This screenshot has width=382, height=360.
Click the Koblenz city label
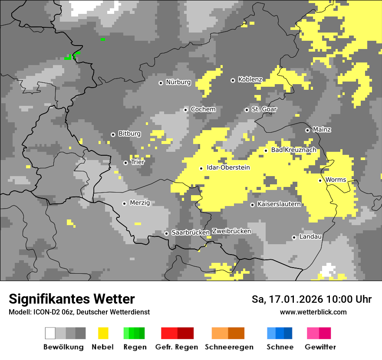tap(250, 79)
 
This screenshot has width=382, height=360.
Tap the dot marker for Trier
tap(125, 163)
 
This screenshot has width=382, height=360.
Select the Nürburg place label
tap(178, 82)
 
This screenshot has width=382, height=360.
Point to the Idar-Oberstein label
tap(228, 167)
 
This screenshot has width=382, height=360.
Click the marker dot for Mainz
tap(307, 130)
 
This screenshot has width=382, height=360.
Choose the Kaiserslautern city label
tap(279, 204)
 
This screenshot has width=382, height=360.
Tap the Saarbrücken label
tap(191, 232)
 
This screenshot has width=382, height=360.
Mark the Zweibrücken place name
tap(231, 231)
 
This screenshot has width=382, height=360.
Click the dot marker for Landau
tap(294, 237)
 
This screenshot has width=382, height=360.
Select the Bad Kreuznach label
tap(293, 150)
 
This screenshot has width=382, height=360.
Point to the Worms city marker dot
tap(320, 180)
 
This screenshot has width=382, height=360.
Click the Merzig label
tap(140, 203)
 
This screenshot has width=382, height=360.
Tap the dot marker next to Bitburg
tap(113, 134)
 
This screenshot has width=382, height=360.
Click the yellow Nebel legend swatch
tap(103, 333)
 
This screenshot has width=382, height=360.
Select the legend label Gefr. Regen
tap(177, 347)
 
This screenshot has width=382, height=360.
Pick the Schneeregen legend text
tap(229, 347)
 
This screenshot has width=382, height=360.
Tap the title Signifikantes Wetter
tap(72, 299)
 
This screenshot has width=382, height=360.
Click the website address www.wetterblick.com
tap(313, 312)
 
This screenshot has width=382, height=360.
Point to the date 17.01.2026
tap(293, 299)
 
